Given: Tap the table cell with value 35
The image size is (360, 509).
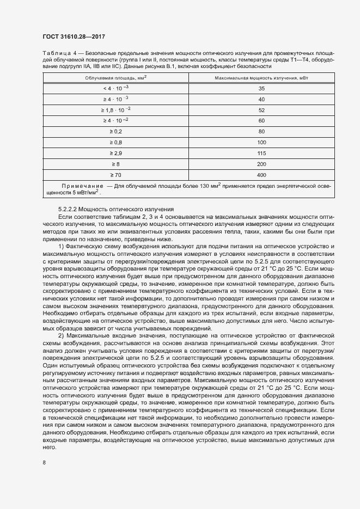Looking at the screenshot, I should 261,88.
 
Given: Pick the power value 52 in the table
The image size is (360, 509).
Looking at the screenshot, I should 261,109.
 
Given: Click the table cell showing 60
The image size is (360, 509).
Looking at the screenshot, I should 261,120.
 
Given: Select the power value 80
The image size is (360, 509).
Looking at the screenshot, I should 261,131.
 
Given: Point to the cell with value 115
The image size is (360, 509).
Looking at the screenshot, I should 261,153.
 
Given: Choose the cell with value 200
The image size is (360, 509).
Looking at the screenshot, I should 261,164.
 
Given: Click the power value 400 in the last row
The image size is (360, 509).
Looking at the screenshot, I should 261,175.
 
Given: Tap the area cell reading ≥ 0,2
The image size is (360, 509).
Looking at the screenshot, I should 115,131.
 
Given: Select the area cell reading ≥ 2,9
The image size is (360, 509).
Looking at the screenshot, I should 115,153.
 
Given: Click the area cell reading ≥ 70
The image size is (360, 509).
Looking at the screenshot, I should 115,175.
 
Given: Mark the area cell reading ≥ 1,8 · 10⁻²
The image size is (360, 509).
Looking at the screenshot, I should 115,109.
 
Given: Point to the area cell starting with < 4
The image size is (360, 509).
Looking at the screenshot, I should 115,88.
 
